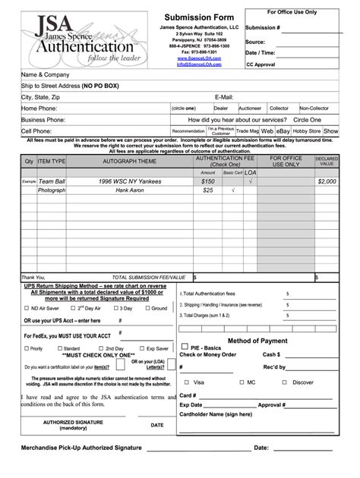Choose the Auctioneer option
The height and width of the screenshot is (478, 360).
pyautogui.click(x=229, y=108)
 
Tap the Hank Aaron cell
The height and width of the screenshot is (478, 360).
pyautogui.click(x=130, y=190)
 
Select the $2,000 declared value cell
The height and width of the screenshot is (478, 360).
pyautogui.click(x=327, y=181)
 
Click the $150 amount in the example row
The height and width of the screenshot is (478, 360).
pyautogui.click(x=208, y=181)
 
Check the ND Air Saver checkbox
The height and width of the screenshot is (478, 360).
pyautogui.click(x=26, y=309)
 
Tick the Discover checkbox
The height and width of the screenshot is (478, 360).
pyautogui.click(x=286, y=382)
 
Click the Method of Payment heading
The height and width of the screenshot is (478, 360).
pyautogui.click(x=257, y=341)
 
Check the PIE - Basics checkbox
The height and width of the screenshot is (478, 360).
pyautogui.click(x=184, y=347)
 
